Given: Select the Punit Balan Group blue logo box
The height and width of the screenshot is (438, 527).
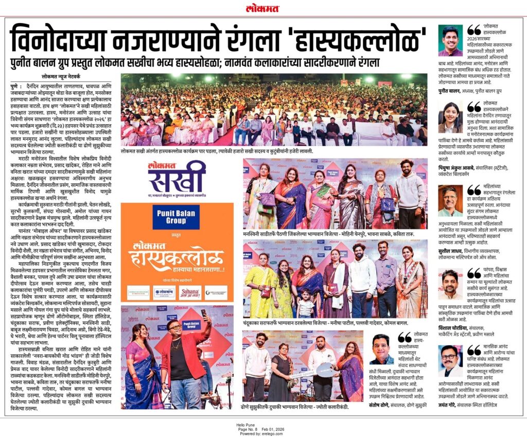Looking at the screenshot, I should point(177,216).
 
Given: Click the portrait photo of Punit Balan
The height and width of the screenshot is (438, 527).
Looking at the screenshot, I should point(450,41).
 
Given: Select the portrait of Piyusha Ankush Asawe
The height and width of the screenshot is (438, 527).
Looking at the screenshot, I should point(450,117).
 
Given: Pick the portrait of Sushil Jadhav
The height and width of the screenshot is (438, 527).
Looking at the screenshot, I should point(450,201).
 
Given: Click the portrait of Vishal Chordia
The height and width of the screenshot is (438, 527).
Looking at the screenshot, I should point(450,284).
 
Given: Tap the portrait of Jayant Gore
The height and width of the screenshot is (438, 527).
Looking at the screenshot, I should point(450,361).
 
